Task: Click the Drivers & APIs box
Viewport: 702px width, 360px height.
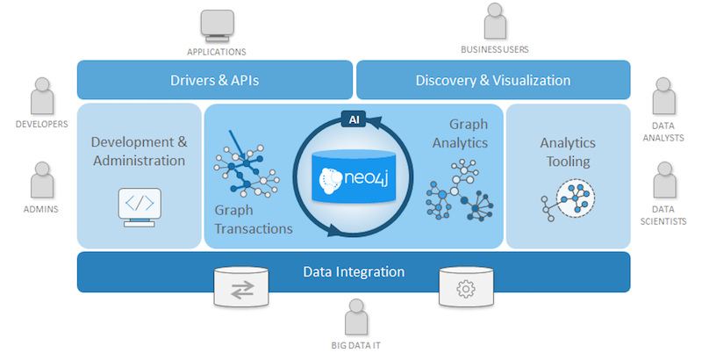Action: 215,80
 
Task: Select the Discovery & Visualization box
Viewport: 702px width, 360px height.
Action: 493,80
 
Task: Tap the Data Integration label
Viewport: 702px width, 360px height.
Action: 354,272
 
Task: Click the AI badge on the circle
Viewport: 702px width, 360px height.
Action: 354,119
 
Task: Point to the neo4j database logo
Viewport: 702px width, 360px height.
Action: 354,176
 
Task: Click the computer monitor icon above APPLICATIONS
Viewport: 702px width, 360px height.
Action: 217,26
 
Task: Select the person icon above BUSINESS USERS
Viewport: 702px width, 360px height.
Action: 495,21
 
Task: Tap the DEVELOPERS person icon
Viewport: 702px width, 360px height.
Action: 42,97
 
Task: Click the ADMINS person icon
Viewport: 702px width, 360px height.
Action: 42,180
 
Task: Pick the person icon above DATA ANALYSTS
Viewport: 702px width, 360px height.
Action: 664,97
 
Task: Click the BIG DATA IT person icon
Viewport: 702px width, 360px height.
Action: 356,318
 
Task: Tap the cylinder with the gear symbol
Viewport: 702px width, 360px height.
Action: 466,287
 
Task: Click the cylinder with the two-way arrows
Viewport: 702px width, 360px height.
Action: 241,287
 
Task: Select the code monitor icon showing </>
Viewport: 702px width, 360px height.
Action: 140,207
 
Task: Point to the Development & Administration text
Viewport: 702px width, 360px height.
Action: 140,151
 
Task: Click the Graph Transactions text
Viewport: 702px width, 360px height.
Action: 254,220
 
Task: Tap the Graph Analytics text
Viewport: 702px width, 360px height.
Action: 460,133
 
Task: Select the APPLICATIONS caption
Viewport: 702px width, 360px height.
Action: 217,52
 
